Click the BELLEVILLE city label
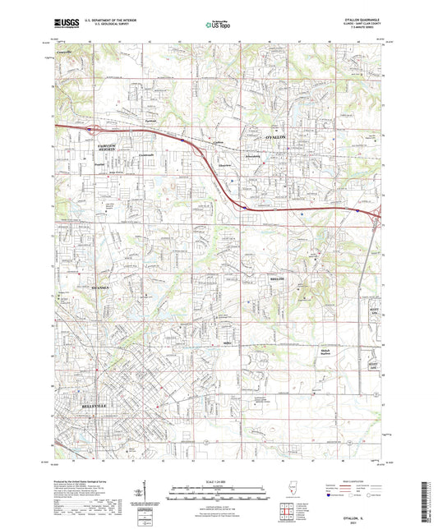pyautogui.click(x=95, y=405)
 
